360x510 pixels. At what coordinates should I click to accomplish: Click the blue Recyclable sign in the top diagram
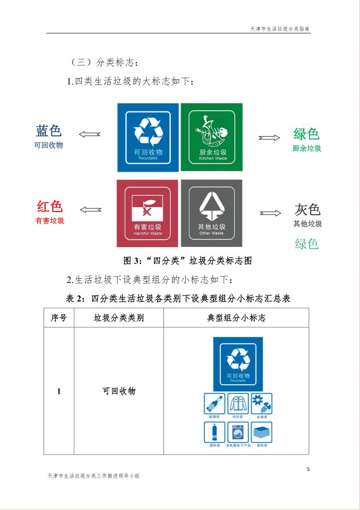coord(148,137)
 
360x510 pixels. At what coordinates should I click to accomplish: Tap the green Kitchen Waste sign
coord(212,137)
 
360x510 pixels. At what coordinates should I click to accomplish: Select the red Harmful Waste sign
coord(148,213)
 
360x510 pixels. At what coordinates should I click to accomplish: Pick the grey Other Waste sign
coord(212,213)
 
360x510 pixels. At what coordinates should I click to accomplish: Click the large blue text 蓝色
coord(49,131)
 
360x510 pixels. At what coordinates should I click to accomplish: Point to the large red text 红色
coord(49,207)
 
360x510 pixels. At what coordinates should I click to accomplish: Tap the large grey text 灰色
coord(307,210)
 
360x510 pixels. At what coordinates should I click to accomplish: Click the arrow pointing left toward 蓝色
coord(89,134)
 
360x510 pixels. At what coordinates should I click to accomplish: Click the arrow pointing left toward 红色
coord(90,209)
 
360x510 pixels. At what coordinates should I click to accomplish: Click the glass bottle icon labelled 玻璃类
coord(214,404)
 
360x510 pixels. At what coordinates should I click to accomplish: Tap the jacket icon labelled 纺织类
coord(238,404)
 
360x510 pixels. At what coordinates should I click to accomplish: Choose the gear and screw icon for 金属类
coord(261,404)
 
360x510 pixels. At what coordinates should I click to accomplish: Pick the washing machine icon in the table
coord(238,432)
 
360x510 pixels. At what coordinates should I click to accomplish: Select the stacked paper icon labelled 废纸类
coord(261,432)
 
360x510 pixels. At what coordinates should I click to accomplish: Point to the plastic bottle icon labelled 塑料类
coord(214,432)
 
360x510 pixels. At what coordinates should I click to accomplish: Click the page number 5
coord(308,469)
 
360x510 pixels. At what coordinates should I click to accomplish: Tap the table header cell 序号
coord(59,318)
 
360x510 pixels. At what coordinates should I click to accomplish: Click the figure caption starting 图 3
coord(187,261)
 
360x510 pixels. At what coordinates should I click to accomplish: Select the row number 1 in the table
coord(59,391)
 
